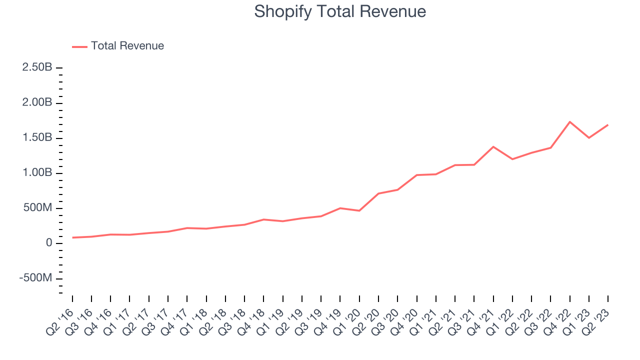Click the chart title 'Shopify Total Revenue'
point(340,11)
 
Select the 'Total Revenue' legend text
point(127,46)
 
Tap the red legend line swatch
point(79,46)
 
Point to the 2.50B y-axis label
point(37,67)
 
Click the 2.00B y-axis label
point(37,102)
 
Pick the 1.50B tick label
point(37,137)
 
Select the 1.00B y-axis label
point(37,173)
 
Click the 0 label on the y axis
point(48,243)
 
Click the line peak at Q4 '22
point(570,121)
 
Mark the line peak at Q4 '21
point(493,146)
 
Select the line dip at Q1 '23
point(589,137)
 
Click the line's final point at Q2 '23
point(608,124)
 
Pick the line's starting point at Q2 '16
point(72,237)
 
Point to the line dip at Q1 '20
point(359,210)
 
